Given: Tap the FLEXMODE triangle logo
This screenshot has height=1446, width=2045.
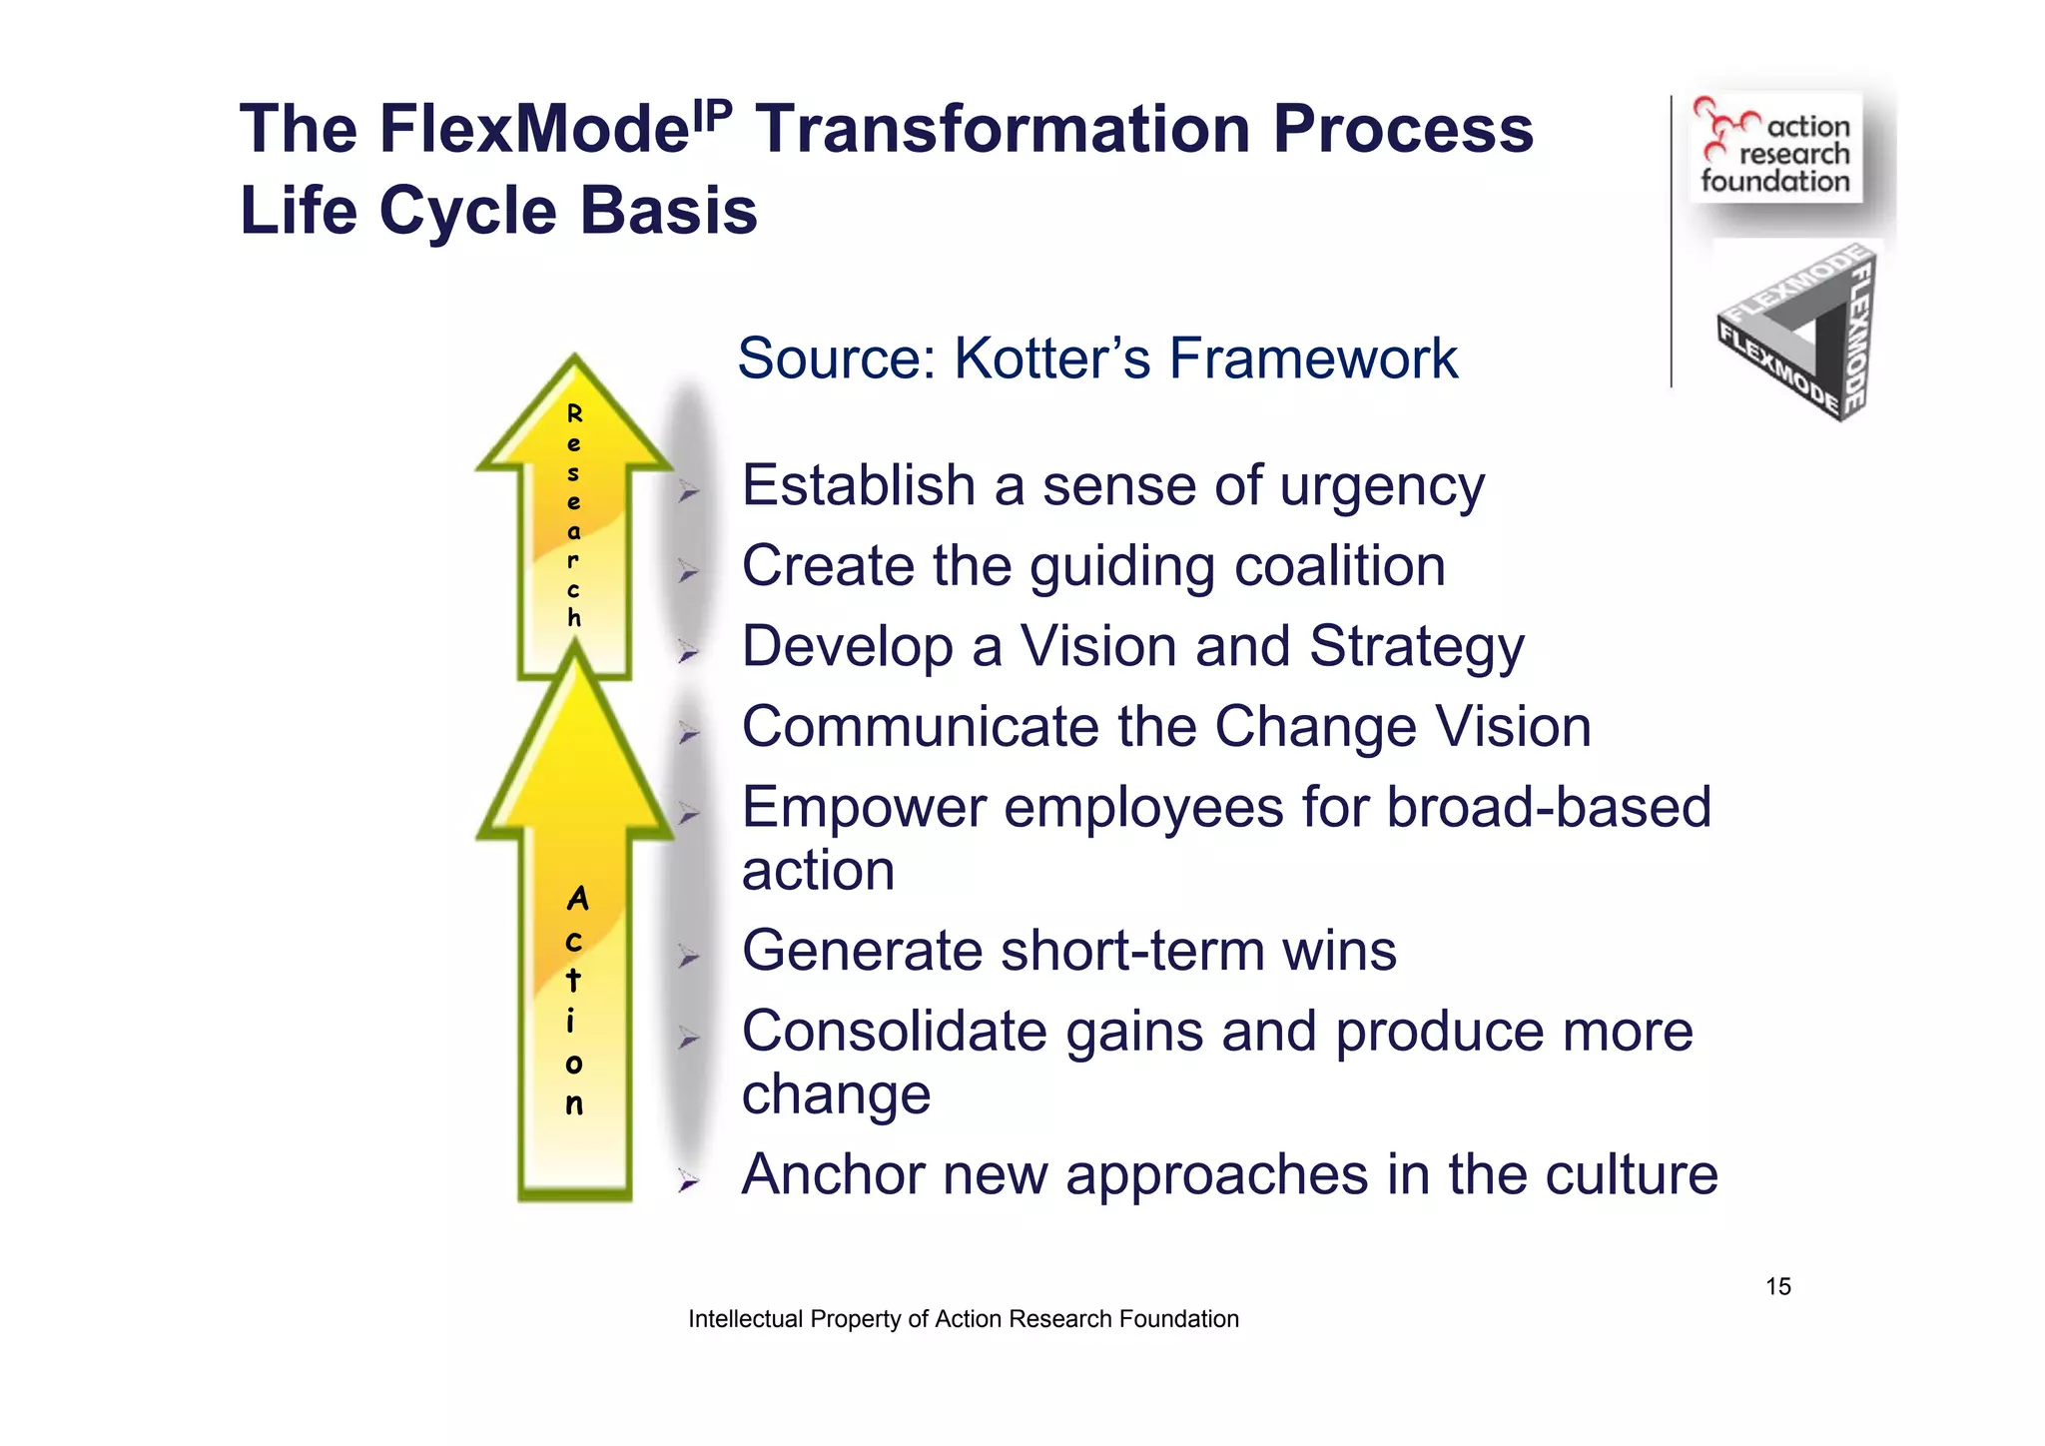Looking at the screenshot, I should coord(1797,333).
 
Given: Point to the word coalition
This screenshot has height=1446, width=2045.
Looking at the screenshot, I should coord(1339,566).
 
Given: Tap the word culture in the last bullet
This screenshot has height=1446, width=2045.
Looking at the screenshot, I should coord(1632,1174).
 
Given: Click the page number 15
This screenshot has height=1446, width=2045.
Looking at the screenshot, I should coord(1777,1286).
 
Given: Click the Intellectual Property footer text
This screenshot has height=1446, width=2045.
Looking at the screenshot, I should coord(963,1319).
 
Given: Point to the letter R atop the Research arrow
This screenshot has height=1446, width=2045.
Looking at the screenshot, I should coord(574,413).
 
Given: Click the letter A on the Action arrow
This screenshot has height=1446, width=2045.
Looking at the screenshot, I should coord(576,900).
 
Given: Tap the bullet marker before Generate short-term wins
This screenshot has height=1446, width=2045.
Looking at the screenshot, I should coord(687,958).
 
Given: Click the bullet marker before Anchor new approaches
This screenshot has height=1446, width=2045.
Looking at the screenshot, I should coord(687,1181).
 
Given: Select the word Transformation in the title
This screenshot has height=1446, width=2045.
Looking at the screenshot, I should coord(1002,130).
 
